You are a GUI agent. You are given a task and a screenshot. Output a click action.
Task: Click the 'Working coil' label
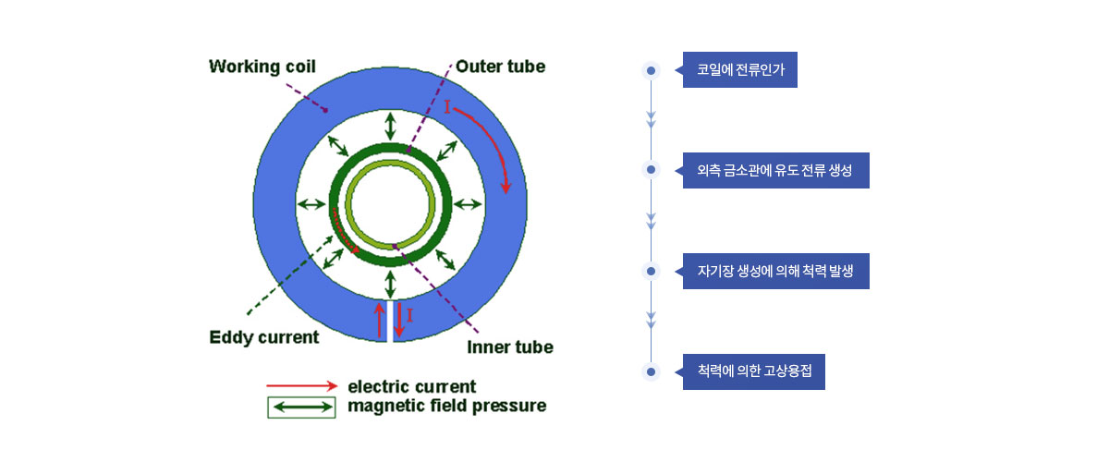tap(262, 67)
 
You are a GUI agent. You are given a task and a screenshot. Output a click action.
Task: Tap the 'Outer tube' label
tap(500, 67)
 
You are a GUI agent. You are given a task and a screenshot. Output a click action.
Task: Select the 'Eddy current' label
tap(264, 337)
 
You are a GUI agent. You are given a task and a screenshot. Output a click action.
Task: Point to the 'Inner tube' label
tap(510, 347)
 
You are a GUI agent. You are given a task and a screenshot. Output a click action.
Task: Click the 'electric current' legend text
tap(411, 386)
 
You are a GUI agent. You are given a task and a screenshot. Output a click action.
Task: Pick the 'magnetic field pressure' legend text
tap(446, 406)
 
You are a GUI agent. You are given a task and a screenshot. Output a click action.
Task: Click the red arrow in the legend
tap(302, 385)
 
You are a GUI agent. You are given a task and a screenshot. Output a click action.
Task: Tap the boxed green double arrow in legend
tap(301, 407)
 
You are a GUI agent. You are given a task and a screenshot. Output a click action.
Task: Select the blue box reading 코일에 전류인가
tap(739, 70)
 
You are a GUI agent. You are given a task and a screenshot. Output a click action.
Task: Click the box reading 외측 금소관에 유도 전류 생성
tap(775, 170)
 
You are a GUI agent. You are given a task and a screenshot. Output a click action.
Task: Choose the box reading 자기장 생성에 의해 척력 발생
tap(775, 272)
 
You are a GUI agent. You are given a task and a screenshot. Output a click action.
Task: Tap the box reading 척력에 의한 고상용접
tap(753, 371)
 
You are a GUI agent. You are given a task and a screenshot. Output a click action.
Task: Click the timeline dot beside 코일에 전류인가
tap(651, 71)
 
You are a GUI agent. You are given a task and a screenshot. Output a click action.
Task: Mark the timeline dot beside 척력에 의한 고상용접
tap(651, 371)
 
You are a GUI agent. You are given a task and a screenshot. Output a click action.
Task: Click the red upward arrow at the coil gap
tap(380, 321)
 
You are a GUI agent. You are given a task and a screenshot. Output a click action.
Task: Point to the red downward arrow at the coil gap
tap(399, 321)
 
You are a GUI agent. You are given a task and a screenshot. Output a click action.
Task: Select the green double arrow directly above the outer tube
tap(391, 127)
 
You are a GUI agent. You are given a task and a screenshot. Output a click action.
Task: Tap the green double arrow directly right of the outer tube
tap(468, 204)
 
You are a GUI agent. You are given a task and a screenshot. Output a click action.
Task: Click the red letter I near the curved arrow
tap(447, 106)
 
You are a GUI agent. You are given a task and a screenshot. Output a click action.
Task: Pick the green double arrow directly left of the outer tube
tap(311, 204)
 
